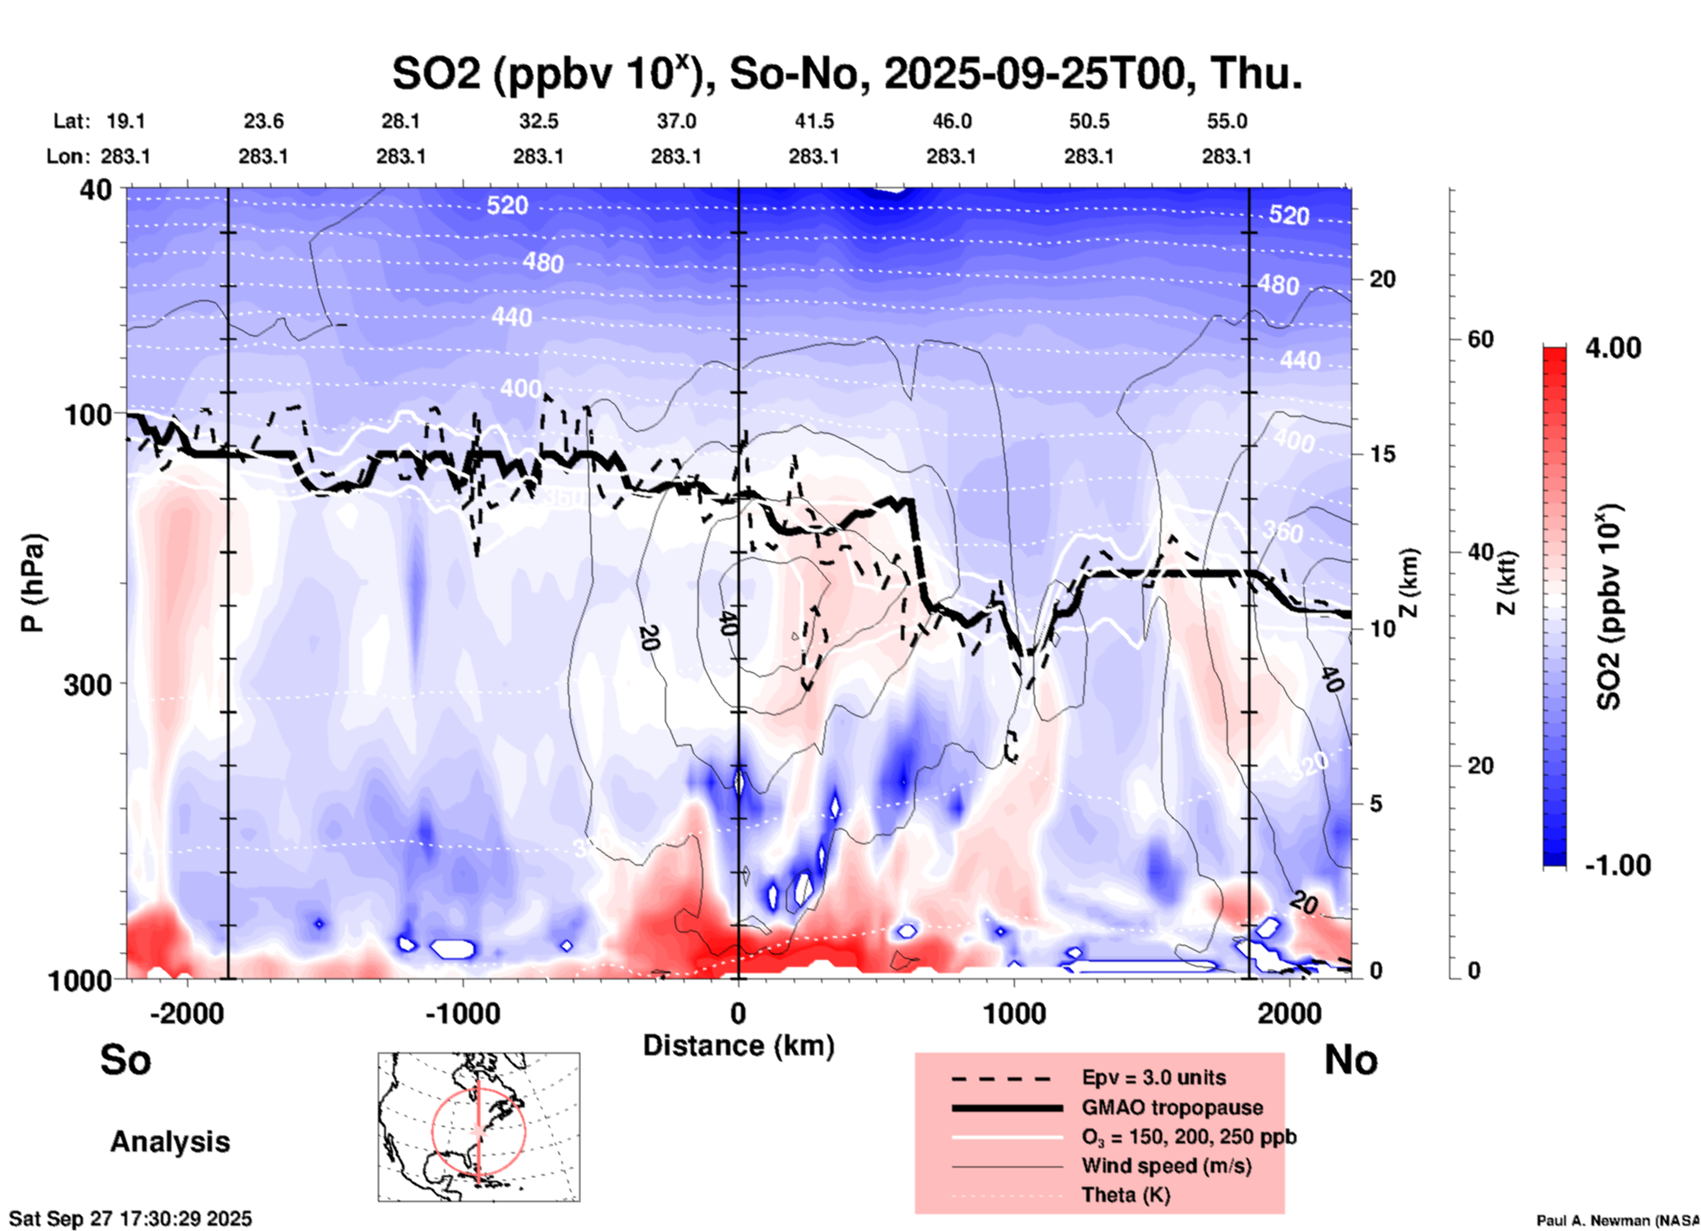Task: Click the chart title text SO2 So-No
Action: (846, 73)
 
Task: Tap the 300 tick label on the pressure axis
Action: (88, 684)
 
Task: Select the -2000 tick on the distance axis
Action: (186, 1013)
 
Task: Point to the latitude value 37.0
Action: (676, 121)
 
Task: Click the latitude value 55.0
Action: (1227, 121)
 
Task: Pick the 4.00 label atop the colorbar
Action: (1613, 348)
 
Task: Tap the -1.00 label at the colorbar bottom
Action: (1617, 865)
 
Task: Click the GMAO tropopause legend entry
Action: (1172, 1107)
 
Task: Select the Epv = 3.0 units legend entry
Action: (1153, 1078)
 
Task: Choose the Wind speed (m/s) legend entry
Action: (1166, 1166)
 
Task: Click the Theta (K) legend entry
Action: (1125, 1195)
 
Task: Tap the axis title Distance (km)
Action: (738, 1046)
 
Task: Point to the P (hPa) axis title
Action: (33, 583)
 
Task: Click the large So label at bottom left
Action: (125, 1060)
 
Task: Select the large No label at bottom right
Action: (1350, 1060)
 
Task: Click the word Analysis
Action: (170, 1142)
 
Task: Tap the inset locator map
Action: (479, 1127)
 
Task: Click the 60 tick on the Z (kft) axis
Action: (1479, 339)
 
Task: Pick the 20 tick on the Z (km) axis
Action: (1382, 280)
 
